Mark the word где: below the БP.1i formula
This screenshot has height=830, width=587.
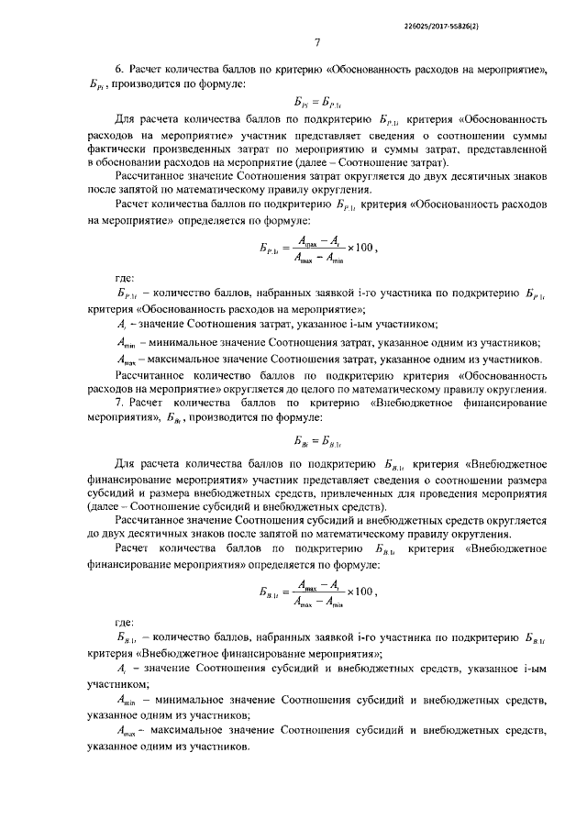124,281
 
